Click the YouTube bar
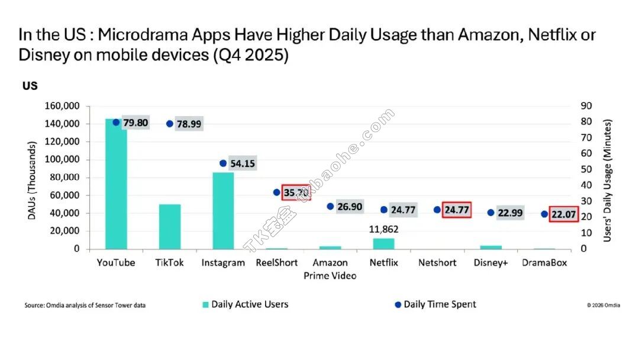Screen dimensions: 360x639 tap(116, 184)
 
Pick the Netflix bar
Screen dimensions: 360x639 tap(383, 243)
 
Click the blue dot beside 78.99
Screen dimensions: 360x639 tap(170, 124)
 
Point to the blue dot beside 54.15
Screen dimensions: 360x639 tap(223, 163)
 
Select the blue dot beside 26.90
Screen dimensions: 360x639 tap(330, 207)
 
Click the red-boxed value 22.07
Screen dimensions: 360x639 tap(563, 214)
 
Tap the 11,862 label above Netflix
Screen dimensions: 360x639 tap(383, 229)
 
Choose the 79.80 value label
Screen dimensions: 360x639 tap(134, 123)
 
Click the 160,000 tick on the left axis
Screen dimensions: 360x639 tap(62, 106)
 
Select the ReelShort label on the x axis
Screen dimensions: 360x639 tap(276, 263)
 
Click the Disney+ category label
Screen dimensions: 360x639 tap(490, 263)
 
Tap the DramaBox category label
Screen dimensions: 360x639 tap(544, 263)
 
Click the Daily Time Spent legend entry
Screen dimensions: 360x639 tap(439, 304)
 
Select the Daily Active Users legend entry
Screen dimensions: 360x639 tap(249, 304)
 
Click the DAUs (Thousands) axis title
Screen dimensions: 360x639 tap(33, 179)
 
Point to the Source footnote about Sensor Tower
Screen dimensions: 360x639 tap(85, 306)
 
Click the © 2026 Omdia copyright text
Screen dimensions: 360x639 tap(603, 306)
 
